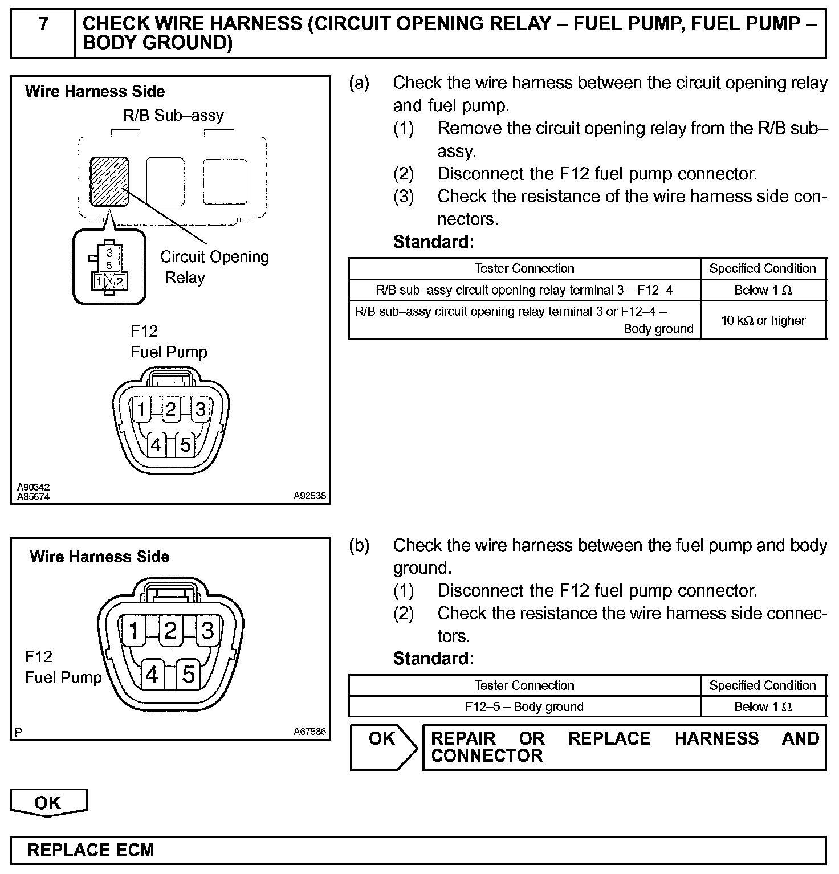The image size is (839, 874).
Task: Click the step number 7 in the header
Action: click(x=43, y=24)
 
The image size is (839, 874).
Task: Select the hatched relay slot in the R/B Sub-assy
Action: click(x=109, y=182)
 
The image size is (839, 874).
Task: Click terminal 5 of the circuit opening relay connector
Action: click(x=109, y=266)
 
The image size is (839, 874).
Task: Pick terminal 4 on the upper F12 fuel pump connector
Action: click(x=156, y=444)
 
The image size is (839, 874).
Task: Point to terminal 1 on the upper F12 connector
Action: click(x=141, y=409)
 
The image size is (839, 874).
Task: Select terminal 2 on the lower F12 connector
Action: click(x=170, y=631)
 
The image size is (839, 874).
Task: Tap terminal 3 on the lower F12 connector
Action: click(x=207, y=631)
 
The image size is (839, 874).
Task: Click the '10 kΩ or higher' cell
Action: click(x=763, y=320)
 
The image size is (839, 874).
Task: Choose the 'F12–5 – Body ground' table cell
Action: click(x=524, y=707)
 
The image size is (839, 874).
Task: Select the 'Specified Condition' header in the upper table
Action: click(x=763, y=268)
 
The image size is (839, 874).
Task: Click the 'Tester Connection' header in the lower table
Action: click(x=524, y=685)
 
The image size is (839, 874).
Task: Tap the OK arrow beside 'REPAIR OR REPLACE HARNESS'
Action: click(x=384, y=747)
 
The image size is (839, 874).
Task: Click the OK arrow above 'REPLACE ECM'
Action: click(x=48, y=802)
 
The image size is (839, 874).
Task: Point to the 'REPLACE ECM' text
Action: click(x=91, y=850)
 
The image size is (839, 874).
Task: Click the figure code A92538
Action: click(x=309, y=496)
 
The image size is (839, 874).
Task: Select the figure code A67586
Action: click(x=309, y=732)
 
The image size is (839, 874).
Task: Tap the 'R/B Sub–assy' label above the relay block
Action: click(x=173, y=116)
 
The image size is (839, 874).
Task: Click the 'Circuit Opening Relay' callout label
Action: click(x=214, y=267)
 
